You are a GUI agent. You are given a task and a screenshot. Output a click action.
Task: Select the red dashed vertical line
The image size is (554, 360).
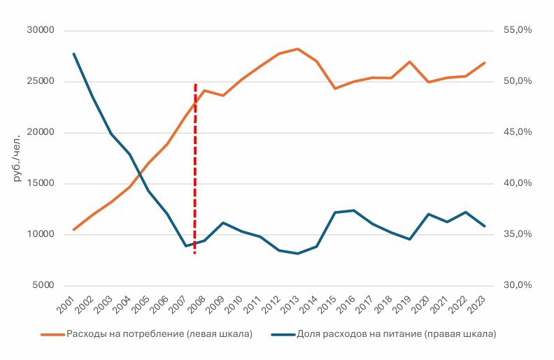point(194,168)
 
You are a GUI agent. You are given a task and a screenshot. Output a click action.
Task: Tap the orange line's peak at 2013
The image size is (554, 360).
point(297,49)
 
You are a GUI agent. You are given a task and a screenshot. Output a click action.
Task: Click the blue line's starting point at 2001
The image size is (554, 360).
point(73,54)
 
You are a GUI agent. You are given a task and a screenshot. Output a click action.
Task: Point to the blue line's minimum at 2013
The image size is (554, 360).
point(297,254)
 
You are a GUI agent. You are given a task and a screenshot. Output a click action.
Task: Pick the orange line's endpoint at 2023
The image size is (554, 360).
point(484,63)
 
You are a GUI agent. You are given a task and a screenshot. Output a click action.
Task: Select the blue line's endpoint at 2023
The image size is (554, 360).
point(484,226)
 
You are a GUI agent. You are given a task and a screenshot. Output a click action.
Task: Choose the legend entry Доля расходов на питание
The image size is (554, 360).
point(396,334)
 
